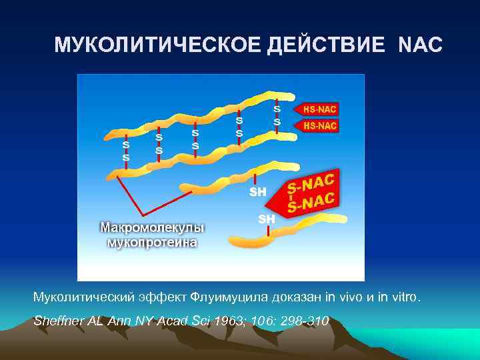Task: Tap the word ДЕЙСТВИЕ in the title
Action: point(326,45)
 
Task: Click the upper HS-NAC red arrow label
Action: point(320,109)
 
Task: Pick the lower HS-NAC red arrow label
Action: point(320,125)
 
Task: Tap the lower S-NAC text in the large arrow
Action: point(311,201)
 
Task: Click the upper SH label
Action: point(257,192)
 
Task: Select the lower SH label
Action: point(266,219)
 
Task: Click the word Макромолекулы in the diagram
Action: point(153,227)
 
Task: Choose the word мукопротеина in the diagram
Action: point(153,242)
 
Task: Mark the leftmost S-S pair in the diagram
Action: point(125,150)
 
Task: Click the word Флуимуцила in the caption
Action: point(226,296)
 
